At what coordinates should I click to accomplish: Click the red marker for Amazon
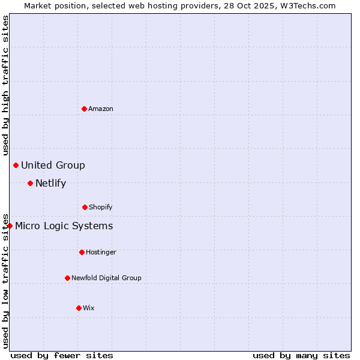(84, 109)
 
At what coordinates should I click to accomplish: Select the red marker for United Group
(16, 165)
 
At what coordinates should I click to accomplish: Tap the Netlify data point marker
(30, 183)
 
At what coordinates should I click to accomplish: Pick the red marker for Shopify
(85, 207)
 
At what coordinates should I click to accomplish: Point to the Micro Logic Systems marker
(10, 226)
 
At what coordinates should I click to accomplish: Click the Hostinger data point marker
(82, 252)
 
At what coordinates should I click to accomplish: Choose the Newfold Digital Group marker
(67, 278)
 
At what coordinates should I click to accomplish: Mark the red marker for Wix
(79, 308)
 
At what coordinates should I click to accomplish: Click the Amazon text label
(101, 109)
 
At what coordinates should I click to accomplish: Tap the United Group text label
(53, 165)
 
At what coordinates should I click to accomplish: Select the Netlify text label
(50, 183)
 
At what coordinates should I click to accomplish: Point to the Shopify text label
(101, 207)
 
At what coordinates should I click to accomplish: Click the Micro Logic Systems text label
(64, 226)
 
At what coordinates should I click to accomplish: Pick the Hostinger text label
(101, 252)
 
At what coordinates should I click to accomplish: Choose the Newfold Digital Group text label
(106, 278)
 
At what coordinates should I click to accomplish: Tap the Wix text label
(89, 308)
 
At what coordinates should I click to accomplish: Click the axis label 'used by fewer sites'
(62, 355)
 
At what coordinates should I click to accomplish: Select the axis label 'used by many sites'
(301, 355)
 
